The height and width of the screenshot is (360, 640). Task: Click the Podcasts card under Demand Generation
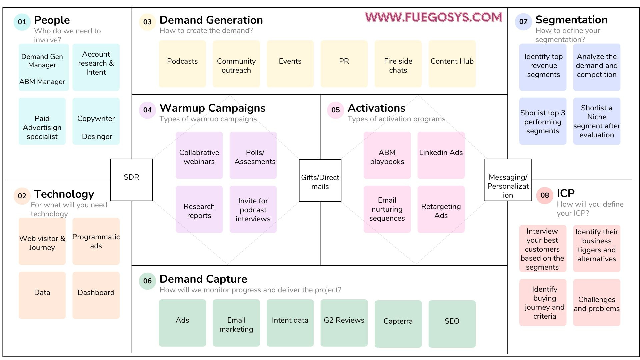[182, 64]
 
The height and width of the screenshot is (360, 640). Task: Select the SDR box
[131, 180]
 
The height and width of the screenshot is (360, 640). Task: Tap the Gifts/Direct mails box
[320, 180]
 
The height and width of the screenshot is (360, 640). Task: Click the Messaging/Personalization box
[508, 180]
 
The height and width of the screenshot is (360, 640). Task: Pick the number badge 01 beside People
[22, 22]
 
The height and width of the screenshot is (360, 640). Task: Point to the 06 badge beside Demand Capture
[147, 281]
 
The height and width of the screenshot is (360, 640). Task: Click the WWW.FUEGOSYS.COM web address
[433, 17]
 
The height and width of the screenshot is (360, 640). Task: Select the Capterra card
[398, 324]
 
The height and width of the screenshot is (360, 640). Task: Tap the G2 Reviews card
[344, 323]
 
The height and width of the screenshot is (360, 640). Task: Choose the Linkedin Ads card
[441, 155]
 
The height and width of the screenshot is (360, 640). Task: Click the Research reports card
[199, 209]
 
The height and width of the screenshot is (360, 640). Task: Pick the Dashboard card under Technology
[96, 295]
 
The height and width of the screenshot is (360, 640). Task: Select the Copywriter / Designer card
[96, 121]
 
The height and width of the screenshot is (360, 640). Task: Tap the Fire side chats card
[398, 64]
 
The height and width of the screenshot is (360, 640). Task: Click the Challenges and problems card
[596, 302]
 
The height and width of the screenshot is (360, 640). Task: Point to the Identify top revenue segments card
[543, 67]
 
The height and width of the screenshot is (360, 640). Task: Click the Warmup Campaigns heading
[212, 108]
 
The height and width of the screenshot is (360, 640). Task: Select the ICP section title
[565, 193]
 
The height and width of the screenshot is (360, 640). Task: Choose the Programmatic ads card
[96, 241]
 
